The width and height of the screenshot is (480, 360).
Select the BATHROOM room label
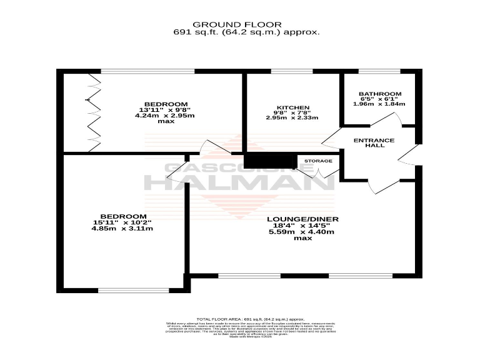tap(380, 94)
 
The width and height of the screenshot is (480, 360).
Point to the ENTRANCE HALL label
tap(374, 143)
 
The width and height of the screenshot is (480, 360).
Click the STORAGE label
tap(318, 161)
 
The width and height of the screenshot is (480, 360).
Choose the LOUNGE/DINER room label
tap(302, 219)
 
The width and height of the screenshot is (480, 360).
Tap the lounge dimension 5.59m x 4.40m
tap(302, 232)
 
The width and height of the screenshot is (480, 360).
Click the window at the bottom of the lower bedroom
tap(133, 289)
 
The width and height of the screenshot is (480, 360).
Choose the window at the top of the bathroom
tap(379, 72)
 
